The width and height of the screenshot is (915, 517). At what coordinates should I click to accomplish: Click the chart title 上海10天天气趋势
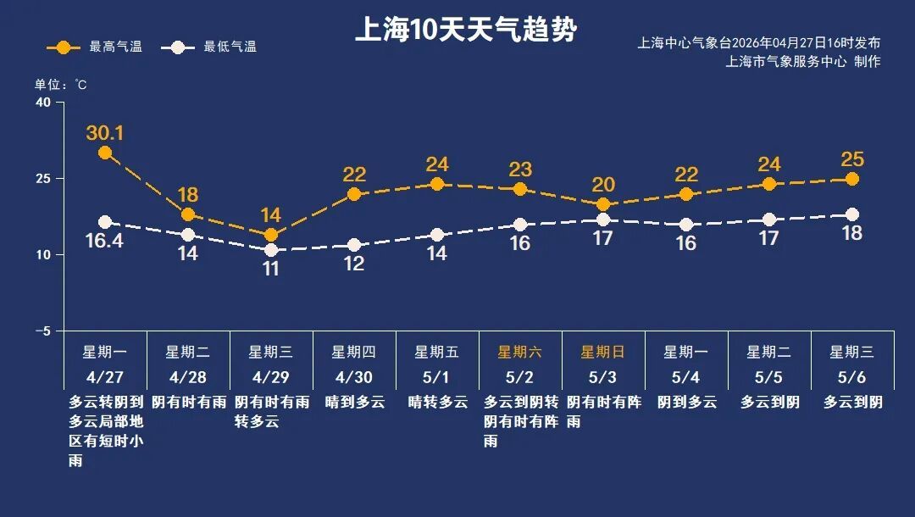[x=465, y=30]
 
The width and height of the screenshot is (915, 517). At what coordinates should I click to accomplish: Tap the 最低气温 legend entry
[x=213, y=47]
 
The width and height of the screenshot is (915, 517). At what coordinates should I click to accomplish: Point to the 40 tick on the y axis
[x=42, y=103]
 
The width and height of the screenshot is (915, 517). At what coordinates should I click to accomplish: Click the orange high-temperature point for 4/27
[x=105, y=153]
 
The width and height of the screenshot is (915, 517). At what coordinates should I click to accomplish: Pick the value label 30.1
[x=105, y=133]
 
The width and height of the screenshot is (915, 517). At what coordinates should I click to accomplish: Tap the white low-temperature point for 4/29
[x=271, y=250]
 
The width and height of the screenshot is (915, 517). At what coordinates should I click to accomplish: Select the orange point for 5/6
[x=852, y=179]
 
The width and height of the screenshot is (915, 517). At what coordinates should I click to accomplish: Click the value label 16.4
[x=105, y=242]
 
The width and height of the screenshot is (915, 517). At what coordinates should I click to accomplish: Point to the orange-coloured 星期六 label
[x=519, y=352]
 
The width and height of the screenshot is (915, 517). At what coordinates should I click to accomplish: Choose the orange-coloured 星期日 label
[x=602, y=352]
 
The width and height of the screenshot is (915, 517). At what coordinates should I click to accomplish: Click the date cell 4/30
[x=353, y=375]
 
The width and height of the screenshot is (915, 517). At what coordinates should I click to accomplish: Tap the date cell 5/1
[x=436, y=375]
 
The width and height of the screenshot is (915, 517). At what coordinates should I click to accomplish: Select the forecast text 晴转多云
[x=437, y=402]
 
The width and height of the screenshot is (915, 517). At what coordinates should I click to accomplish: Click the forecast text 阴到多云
[x=686, y=402]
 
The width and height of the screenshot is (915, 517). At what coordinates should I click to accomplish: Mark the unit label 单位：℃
[x=60, y=85]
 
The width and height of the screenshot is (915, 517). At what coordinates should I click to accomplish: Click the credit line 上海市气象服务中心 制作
[x=803, y=61]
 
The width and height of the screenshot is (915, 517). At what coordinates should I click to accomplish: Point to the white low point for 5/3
[x=603, y=220]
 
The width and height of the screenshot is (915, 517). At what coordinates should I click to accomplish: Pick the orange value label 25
[x=851, y=159]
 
